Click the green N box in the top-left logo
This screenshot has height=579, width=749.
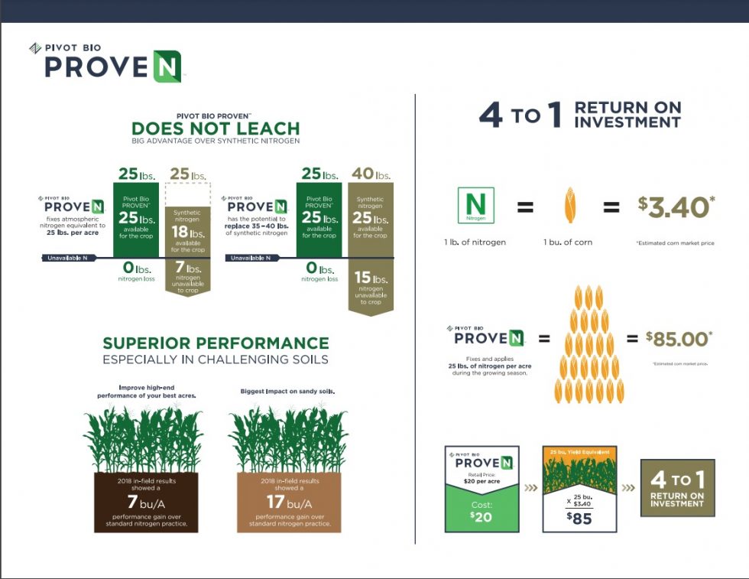coord(166,66)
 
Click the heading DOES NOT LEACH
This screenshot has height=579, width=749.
coord(216,128)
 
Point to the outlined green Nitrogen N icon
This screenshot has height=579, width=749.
coord(475,206)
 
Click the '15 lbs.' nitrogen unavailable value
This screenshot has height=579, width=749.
coord(371,278)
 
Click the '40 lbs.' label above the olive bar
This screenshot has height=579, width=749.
coord(371,174)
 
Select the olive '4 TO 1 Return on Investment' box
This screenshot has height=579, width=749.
coord(676,487)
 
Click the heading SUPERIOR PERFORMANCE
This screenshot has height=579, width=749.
coord(216,343)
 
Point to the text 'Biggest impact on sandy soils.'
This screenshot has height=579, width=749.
coord(287,391)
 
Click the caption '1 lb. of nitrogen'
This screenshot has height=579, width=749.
coord(475,242)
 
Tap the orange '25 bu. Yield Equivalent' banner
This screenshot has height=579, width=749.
coord(579,451)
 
